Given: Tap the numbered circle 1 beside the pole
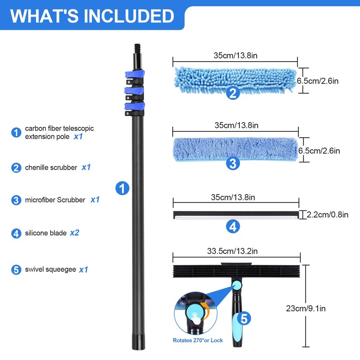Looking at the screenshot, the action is (x=122, y=188).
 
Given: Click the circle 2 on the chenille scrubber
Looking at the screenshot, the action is (x=232, y=93).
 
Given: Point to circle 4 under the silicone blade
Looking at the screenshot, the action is (x=232, y=226).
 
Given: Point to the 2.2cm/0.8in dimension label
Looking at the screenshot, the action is (x=328, y=215).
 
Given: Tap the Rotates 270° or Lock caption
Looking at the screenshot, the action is (x=198, y=341).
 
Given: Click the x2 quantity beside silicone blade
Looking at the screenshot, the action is (x=74, y=233).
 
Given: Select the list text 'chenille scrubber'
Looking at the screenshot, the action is (x=51, y=167).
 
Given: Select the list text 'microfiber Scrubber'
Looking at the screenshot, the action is (x=55, y=200).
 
